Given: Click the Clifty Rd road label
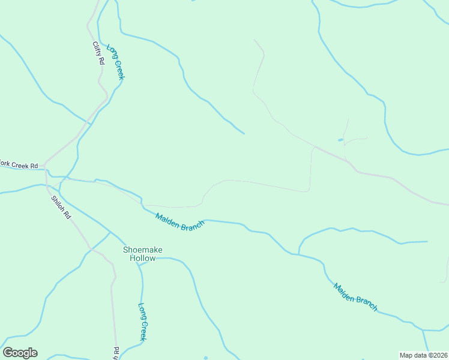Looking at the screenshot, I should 99,53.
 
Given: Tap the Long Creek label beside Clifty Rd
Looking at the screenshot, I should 115,62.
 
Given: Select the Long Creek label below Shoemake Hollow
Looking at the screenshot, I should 143,322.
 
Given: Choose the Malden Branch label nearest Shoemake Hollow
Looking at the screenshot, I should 180,221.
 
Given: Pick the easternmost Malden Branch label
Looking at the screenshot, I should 356,297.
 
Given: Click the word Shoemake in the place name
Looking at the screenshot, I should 143,250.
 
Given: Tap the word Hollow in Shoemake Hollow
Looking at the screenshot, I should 143,258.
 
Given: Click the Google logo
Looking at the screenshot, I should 20,353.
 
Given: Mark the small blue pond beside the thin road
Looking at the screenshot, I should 341,140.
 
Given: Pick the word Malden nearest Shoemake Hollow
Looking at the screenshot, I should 168,218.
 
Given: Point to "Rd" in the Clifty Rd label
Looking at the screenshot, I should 102,61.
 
